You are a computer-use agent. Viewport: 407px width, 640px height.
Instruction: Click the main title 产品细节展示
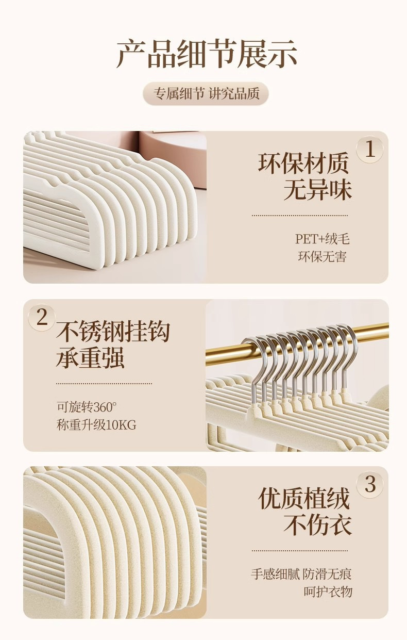pos(207,54)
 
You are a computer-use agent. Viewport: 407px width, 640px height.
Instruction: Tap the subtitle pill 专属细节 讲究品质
pos(206,93)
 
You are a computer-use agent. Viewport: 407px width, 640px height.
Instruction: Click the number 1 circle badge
pos(370,149)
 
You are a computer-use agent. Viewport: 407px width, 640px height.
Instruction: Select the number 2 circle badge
pos(42,318)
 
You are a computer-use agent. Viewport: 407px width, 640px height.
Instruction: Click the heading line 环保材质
pos(303,163)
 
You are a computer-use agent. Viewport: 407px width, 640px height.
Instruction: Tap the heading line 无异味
pos(317,189)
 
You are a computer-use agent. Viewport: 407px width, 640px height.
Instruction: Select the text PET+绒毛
pos(322,239)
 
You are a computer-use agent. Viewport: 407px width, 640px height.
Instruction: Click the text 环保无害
pos(322,257)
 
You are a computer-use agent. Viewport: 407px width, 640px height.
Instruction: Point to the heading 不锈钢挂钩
pos(113,332)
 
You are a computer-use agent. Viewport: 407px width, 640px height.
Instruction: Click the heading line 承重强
pos(90,357)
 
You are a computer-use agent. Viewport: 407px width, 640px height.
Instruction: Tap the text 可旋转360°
pos(87,407)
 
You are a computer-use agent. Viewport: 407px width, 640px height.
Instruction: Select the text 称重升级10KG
pos(96,424)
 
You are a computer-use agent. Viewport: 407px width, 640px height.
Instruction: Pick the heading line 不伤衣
pos(317,524)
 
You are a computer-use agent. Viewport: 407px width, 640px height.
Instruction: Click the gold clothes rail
pos(297,344)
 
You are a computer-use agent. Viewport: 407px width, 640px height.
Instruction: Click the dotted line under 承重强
pos(104,383)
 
